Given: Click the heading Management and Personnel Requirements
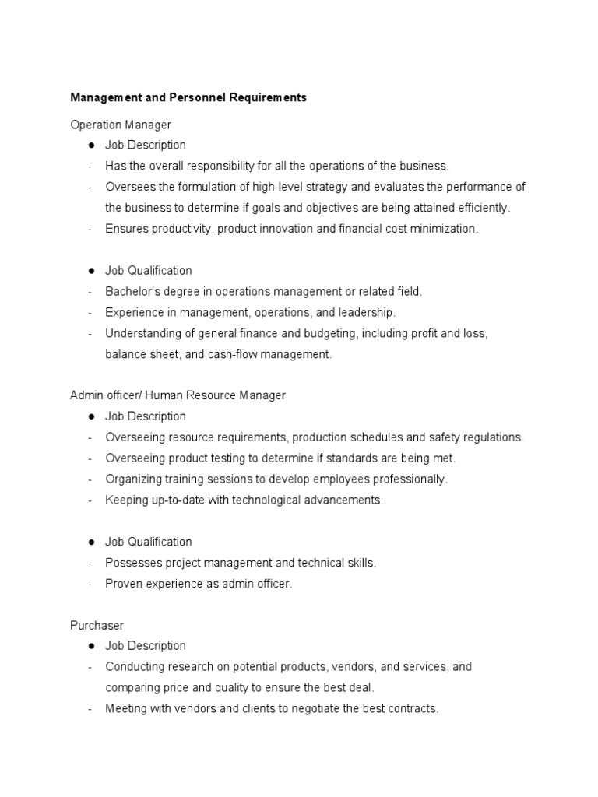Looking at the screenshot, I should click(188, 97).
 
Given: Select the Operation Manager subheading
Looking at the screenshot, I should click(121, 125).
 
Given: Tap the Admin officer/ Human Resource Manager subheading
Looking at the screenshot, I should click(178, 395).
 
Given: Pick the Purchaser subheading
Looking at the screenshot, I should click(97, 625).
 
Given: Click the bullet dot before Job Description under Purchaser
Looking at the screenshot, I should click(91, 646).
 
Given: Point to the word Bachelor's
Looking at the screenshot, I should click(132, 291).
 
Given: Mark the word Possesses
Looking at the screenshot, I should click(132, 563).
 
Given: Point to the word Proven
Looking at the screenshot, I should click(123, 584).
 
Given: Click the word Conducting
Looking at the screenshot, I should click(134, 667).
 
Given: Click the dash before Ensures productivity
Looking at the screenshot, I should click(90, 229).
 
